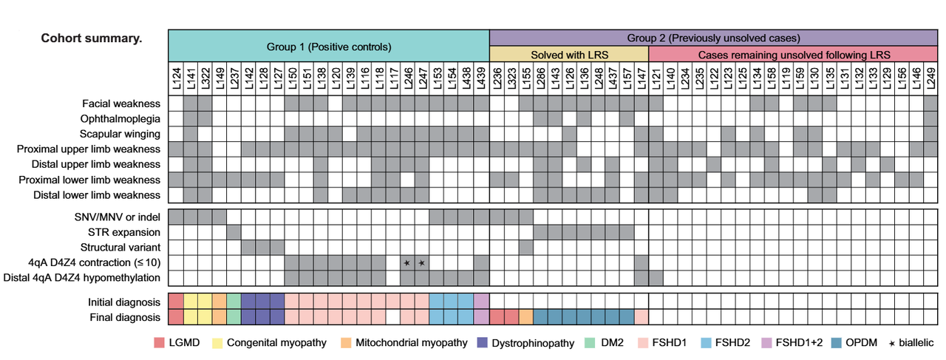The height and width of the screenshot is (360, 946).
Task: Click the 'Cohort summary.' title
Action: point(91,38)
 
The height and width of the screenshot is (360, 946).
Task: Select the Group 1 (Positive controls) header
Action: point(329,47)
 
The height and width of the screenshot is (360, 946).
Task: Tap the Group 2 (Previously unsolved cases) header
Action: point(713,38)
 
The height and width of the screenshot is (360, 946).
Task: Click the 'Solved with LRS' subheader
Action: point(569,55)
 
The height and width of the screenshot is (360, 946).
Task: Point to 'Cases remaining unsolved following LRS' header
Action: point(794,55)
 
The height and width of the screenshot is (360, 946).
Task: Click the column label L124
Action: point(177,78)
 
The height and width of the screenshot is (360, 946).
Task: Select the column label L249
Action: point(930,78)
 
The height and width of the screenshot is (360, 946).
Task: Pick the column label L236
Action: point(497,78)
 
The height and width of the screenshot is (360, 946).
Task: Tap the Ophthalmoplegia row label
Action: point(120,119)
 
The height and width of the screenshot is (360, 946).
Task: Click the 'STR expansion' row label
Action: point(124,232)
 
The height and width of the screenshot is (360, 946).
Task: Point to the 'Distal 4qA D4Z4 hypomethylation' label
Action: point(82,278)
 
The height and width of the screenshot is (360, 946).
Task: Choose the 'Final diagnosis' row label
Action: point(125,317)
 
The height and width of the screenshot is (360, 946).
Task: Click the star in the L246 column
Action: point(407,263)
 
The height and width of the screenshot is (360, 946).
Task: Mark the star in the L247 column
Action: point(421,263)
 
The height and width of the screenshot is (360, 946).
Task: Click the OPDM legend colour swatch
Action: point(836,343)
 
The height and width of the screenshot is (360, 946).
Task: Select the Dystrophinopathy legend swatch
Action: point(483,343)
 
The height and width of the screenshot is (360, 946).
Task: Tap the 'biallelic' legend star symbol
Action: point(891,344)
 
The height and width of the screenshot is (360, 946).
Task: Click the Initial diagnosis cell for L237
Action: point(234,302)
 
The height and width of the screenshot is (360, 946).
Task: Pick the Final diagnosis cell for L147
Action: point(642,317)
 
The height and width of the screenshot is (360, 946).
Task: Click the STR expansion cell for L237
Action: point(234,232)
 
